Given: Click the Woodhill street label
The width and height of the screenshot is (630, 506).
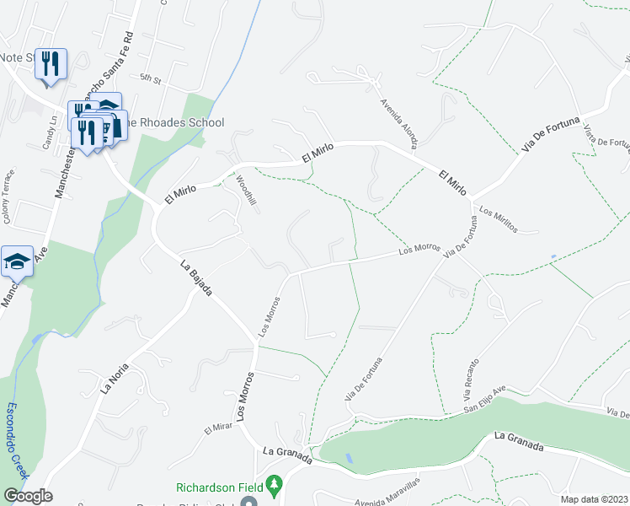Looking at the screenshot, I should [x=246, y=194].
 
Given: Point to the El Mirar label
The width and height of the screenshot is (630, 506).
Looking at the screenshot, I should [x=216, y=430].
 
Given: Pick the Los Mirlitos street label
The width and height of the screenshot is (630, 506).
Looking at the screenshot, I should [x=497, y=220].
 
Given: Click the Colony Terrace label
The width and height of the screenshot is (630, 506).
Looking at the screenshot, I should [x=6, y=205].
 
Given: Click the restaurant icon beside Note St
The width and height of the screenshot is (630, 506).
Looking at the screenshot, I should [x=51, y=64].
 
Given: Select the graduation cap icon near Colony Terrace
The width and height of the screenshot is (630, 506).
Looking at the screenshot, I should [x=17, y=261].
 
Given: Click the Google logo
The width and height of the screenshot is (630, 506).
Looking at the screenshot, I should [x=28, y=496].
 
